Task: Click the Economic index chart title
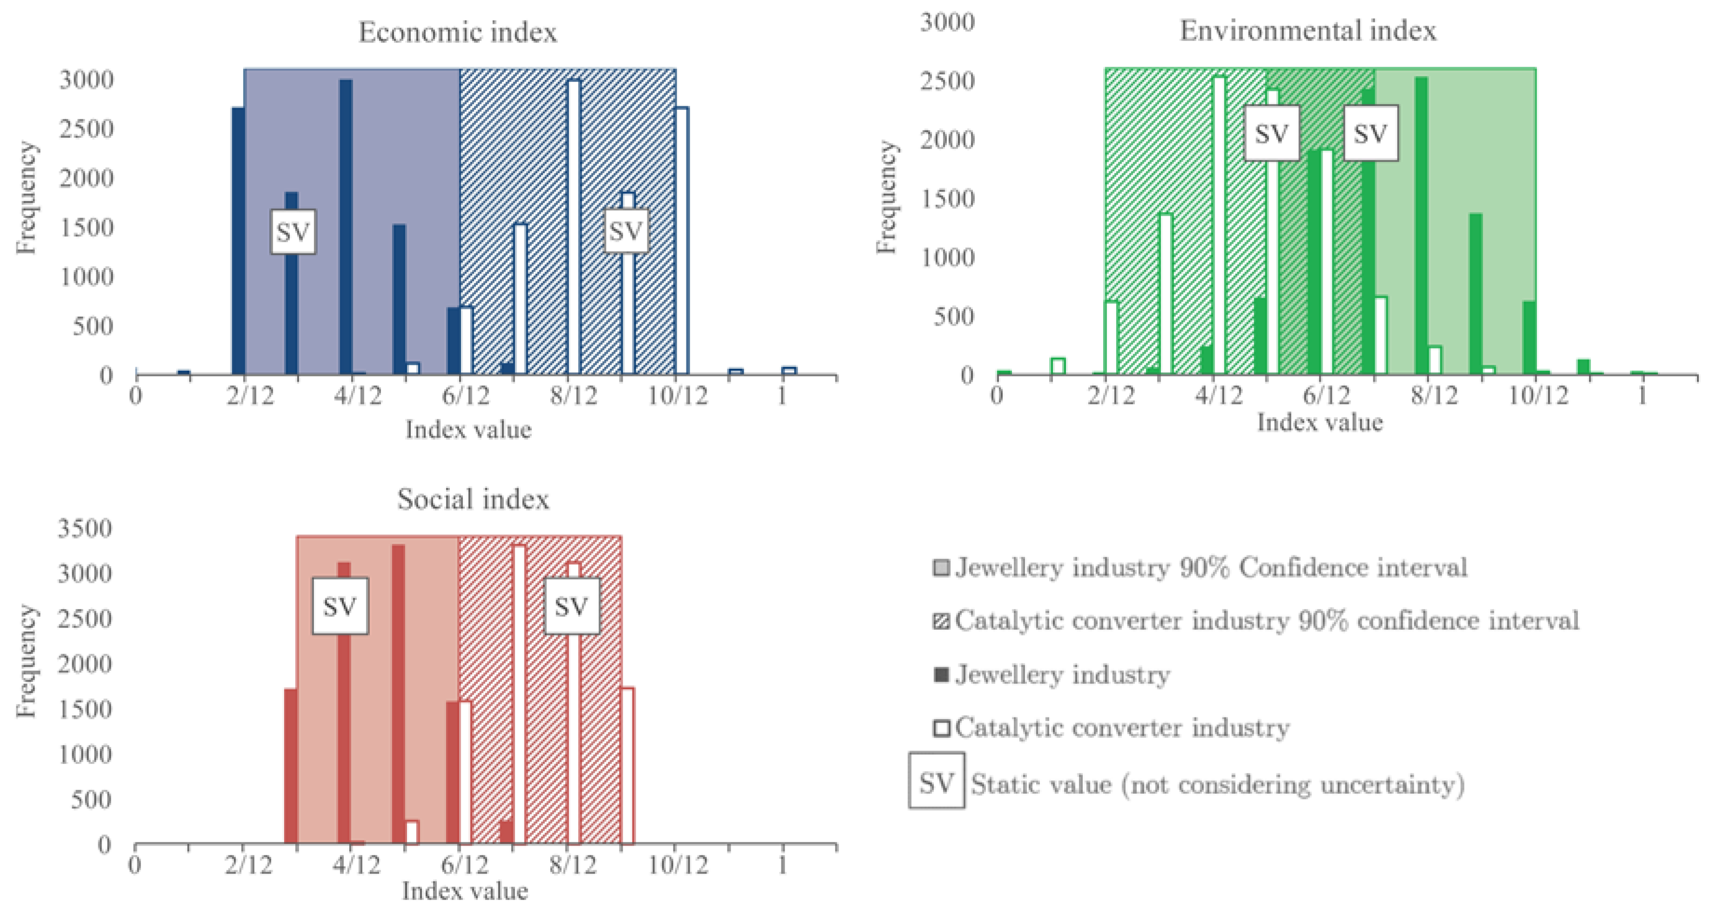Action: point(458,32)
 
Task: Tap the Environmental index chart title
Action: point(1308,31)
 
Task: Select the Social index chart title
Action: point(473,499)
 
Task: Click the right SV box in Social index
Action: point(571,607)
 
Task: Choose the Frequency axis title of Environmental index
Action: point(886,198)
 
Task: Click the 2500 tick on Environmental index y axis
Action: point(947,81)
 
